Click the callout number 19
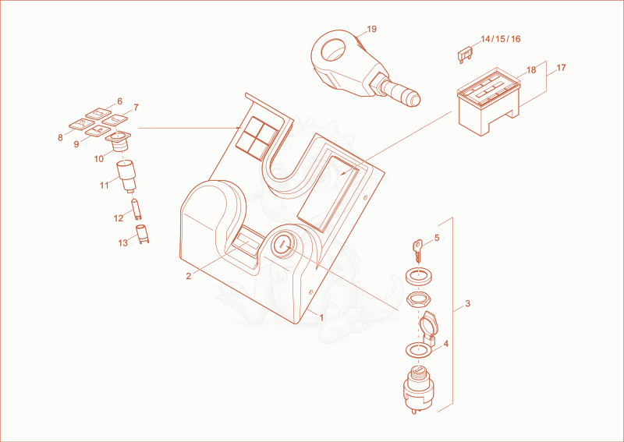coord(372,29)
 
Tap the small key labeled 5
coord(417,251)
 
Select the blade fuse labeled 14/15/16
coord(464,55)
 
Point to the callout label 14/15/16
coord(500,39)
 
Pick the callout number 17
coord(561,68)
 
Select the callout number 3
coord(467,303)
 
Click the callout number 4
coord(445,344)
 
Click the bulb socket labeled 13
coord(142,234)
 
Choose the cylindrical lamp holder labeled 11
coord(126,176)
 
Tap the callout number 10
coord(99,159)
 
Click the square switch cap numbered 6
coord(98,113)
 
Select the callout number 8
coord(60,138)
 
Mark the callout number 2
coord(188,276)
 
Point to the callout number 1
coord(321,317)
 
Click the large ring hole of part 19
coord(334,50)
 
